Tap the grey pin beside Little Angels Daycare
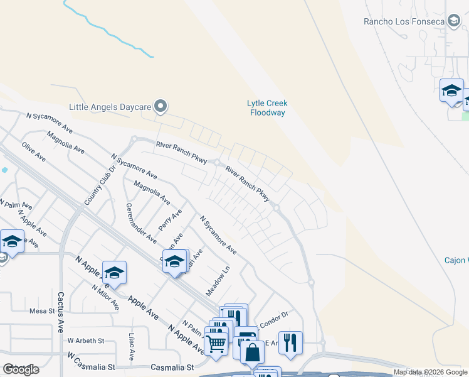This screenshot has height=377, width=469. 161,106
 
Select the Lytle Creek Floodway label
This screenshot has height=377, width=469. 267,108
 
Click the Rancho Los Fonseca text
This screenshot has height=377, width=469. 404,22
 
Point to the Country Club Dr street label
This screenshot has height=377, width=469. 101,185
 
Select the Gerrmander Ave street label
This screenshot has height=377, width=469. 141,223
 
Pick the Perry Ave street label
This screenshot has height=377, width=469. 170,220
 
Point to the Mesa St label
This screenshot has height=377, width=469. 43,310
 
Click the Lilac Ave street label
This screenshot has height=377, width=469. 132,346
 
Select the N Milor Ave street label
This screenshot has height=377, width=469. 105,297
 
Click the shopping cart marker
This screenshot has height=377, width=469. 216,343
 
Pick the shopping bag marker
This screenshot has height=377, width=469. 252,352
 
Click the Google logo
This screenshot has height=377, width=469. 21,369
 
